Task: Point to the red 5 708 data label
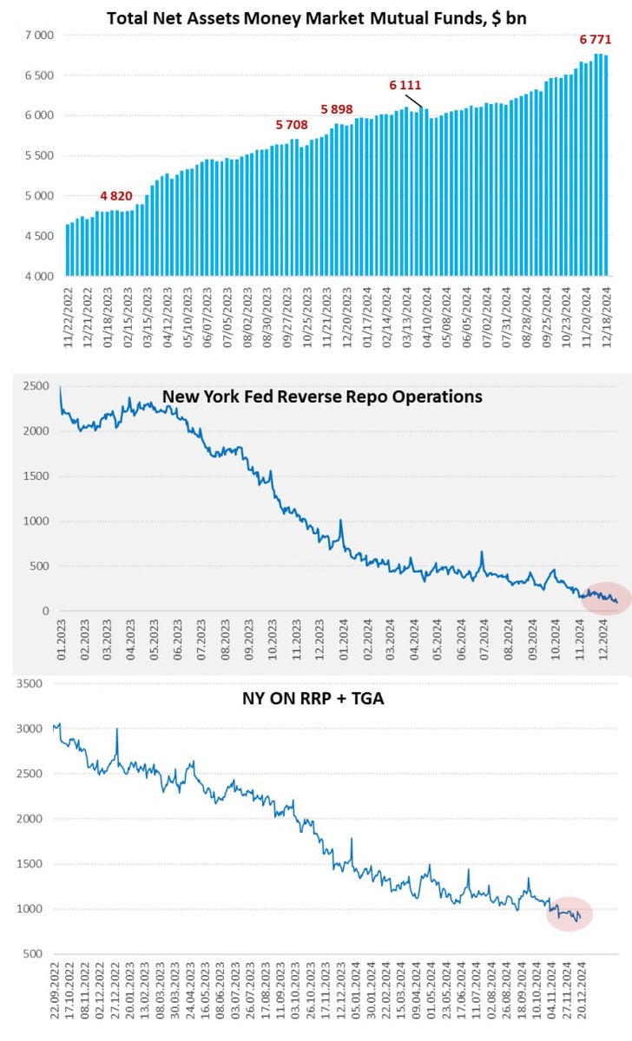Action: pyautogui.click(x=292, y=125)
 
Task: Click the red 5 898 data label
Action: pyautogui.click(x=337, y=108)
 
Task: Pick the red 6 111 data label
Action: pyautogui.click(x=405, y=85)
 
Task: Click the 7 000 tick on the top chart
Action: pyautogui.click(x=39, y=36)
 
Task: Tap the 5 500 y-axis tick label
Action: pyautogui.click(x=39, y=156)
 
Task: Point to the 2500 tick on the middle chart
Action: pyautogui.click(x=35, y=386)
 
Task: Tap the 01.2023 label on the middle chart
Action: pyautogui.click(x=61, y=645)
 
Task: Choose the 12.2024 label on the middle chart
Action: pyautogui.click(x=605, y=645)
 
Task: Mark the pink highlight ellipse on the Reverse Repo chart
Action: pyautogui.click(x=606, y=599)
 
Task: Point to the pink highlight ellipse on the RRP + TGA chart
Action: pyautogui.click(x=569, y=913)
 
